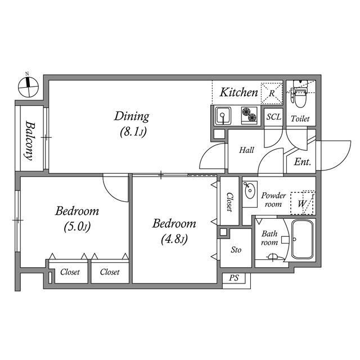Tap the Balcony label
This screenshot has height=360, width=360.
[29, 141]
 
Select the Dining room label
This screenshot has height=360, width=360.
[132, 116]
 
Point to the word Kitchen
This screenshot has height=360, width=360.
[238, 92]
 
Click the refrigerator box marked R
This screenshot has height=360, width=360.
[272, 93]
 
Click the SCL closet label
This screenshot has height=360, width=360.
[273, 118]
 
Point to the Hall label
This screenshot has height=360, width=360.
[246, 150]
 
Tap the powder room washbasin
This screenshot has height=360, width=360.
[249, 191]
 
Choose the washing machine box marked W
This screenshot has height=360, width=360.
[302, 202]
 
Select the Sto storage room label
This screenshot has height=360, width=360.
[236, 249]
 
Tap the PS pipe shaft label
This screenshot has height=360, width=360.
[233, 278]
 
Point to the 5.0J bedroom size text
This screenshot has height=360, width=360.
[76, 227]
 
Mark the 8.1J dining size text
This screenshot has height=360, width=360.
[132, 133]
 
